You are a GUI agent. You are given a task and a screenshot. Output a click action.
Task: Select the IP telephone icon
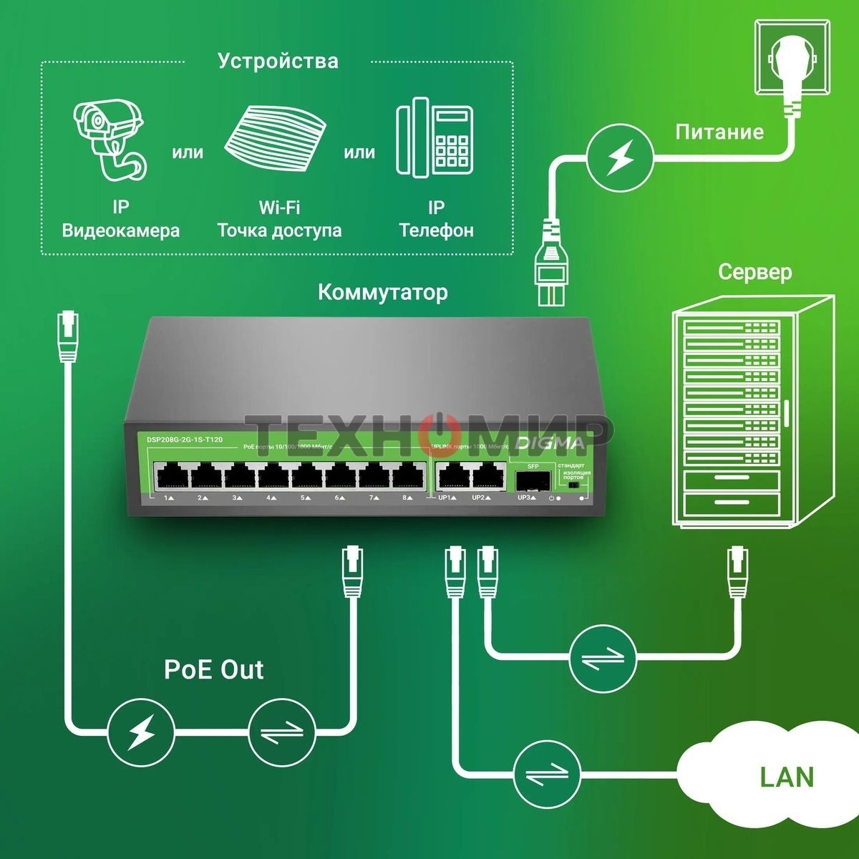(x=435, y=140)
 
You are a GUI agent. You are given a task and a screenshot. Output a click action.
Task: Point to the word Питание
(x=719, y=132)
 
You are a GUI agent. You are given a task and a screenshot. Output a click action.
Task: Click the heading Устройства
(x=278, y=61)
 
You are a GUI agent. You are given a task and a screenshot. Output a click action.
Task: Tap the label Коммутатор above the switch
(x=383, y=292)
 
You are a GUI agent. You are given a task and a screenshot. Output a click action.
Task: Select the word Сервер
(x=754, y=272)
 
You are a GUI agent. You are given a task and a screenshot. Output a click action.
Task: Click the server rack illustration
(x=752, y=412)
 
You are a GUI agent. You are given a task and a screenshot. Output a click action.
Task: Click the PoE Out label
(x=213, y=669)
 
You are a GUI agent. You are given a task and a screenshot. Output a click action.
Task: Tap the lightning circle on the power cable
(x=620, y=159)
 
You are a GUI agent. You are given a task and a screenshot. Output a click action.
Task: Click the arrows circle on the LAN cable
(x=547, y=775)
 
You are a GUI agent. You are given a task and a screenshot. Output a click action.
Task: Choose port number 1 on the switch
(x=170, y=476)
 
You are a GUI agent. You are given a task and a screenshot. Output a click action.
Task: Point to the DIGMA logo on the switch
(x=551, y=443)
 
